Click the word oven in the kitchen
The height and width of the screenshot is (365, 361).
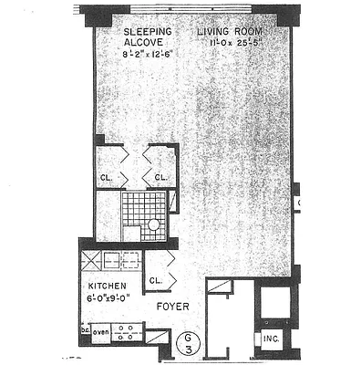(99, 331)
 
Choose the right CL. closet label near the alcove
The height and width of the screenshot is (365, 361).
(160, 178)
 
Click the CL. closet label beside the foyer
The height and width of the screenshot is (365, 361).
(154, 280)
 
